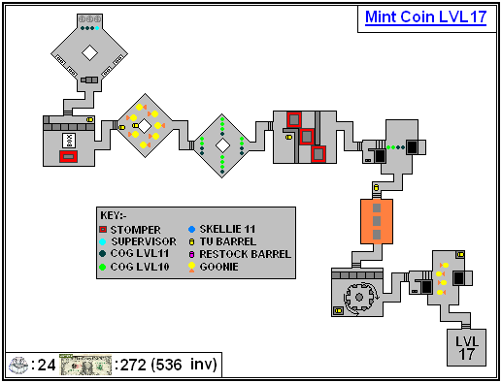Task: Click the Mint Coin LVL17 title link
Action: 425,16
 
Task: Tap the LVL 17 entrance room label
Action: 466,348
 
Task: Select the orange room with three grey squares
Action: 377,221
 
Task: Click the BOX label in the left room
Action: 69,141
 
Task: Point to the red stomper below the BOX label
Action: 68,157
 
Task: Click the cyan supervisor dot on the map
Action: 97,28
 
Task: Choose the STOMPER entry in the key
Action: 130,230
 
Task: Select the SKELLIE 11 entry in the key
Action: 221,229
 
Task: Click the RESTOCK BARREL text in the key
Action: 246,254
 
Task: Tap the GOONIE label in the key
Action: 218,267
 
